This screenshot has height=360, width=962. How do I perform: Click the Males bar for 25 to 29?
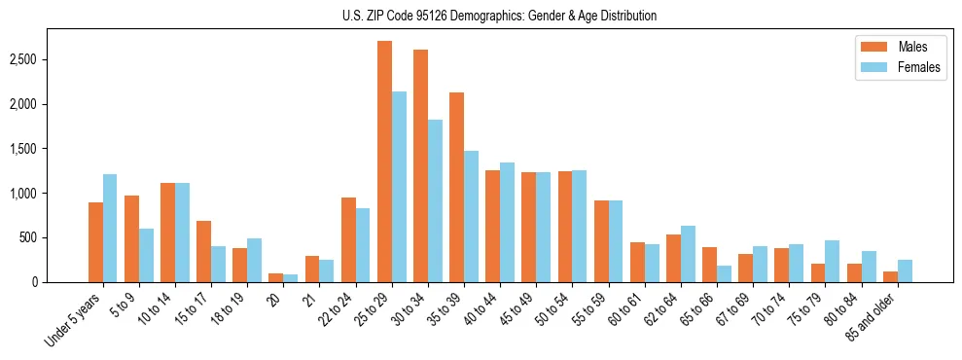384,162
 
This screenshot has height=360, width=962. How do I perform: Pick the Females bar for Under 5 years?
110,229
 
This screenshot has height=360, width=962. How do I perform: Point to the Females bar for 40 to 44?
507,223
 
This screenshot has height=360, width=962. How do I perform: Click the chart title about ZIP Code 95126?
499,16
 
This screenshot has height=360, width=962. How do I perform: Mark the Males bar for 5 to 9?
131,239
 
